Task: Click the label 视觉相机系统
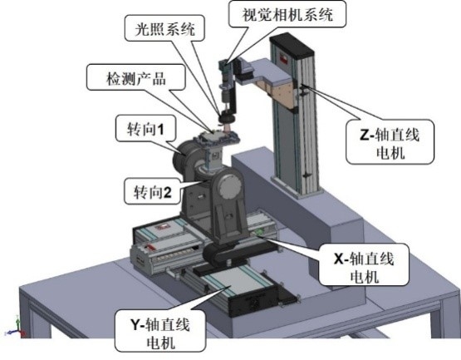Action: click(x=287, y=14)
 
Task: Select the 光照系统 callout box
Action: click(x=164, y=29)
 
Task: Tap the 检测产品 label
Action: click(x=136, y=78)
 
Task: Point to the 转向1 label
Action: click(x=145, y=129)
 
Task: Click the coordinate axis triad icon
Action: click(x=16, y=328)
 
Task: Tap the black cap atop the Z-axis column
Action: click(x=292, y=43)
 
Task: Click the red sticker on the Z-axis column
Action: click(x=284, y=58)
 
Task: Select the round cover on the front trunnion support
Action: click(x=231, y=187)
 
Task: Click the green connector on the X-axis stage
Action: click(x=259, y=231)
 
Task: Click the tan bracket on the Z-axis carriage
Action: click(x=279, y=94)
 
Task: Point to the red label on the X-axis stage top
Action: click(x=162, y=227)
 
